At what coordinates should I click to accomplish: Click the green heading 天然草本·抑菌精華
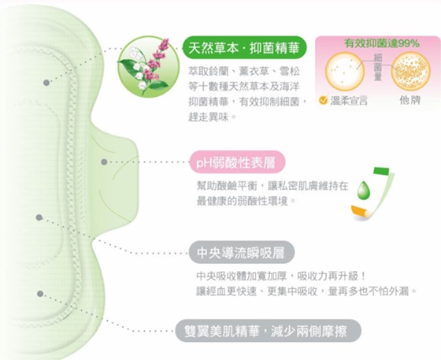pyautogui.click(x=243, y=47)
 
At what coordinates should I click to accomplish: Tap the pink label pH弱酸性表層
pyautogui.click(x=236, y=162)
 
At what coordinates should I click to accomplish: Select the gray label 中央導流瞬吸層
pyautogui.click(x=241, y=252)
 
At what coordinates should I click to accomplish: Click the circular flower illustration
pyautogui.click(x=149, y=67)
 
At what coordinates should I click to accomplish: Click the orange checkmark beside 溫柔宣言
pyautogui.click(x=324, y=99)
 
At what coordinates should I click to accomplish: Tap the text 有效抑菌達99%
pyautogui.click(x=382, y=43)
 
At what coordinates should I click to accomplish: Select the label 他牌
pyautogui.click(x=410, y=100)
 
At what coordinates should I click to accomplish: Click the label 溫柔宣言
pyautogui.click(x=349, y=100)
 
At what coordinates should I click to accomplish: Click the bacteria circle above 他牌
pyautogui.click(x=411, y=71)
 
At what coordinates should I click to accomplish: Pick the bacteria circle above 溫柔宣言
pyautogui.click(x=345, y=71)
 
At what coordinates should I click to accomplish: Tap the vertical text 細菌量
pyautogui.click(x=378, y=68)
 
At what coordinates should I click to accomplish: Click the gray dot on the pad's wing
pyautogui.click(x=104, y=161)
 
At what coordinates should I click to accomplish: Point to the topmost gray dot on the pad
pyautogui.click(x=46, y=83)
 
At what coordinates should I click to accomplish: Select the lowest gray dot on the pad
pyautogui.click(x=40, y=294)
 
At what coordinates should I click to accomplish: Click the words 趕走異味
pyautogui.click(x=209, y=117)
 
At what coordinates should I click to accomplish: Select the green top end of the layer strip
pyautogui.click(x=381, y=171)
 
